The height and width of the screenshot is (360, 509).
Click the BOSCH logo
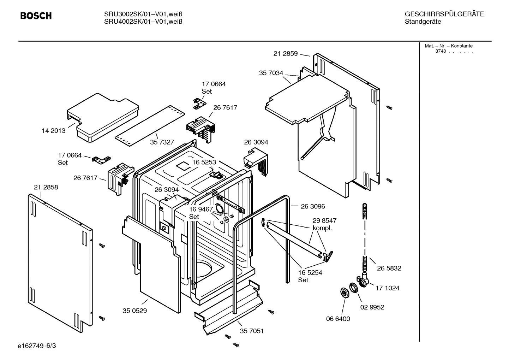coord(36,16)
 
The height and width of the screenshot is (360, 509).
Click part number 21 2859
coord(285,54)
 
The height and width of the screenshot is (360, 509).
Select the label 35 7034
coord(271,73)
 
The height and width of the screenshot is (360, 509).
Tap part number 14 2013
coord(54,131)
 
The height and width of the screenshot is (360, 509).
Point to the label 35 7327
coord(162,142)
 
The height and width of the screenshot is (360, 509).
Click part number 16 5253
coord(204,162)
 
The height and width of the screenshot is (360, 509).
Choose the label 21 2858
coord(46,187)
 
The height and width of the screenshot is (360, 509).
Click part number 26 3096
coord(313,206)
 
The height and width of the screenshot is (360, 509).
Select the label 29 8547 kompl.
coord(324,224)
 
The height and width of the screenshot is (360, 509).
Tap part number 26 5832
coord(389,268)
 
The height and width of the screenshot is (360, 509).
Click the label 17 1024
coord(387,288)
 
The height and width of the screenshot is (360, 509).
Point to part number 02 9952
coord(372,307)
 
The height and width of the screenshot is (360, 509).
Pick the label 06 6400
coord(338,319)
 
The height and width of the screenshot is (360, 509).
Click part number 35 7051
coord(252,331)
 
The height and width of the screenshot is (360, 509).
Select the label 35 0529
coord(135,311)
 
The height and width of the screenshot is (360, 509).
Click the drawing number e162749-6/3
coord(37,346)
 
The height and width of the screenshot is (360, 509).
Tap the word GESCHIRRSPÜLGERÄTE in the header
coord(444,14)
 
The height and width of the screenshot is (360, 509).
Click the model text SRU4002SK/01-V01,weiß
coord(143,22)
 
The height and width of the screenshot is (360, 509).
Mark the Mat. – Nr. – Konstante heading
coord(448,46)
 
